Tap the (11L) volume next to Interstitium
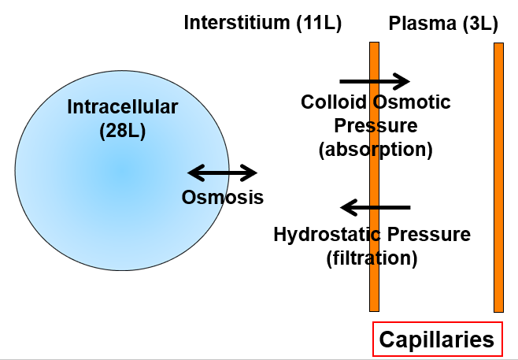pos(317,24)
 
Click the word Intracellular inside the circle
pos(123,106)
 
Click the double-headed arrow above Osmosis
pos(222,173)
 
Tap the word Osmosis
pos(223,197)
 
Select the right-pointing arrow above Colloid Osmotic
pos(375,80)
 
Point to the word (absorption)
pos(376,150)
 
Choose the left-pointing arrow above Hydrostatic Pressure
pos(375,208)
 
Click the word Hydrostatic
pos(321,234)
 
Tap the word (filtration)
pos(372,258)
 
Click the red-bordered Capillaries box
pos(437,340)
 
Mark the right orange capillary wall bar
pos(498,177)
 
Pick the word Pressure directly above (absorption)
pos(376,126)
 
